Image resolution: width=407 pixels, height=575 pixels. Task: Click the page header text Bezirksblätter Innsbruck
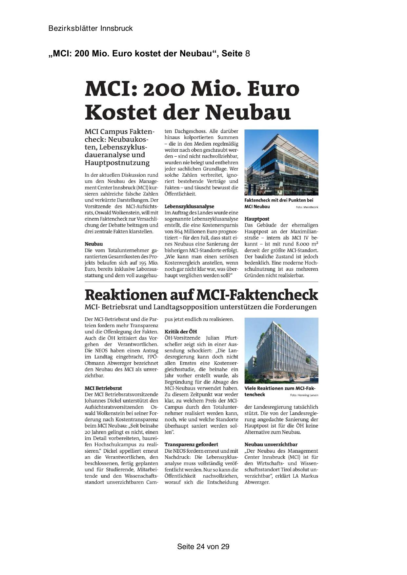(x=91, y=29)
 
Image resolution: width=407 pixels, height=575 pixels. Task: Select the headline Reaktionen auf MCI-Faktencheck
(x=201, y=295)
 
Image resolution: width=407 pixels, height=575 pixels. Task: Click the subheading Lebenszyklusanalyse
(x=189, y=207)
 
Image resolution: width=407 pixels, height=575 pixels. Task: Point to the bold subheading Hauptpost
(x=257, y=219)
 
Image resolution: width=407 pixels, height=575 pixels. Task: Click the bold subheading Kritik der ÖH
(x=181, y=331)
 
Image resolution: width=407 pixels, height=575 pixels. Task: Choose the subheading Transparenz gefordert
(x=191, y=445)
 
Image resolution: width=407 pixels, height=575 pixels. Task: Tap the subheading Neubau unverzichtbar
(x=271, y=445)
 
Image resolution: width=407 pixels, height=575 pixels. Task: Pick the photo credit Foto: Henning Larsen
(x=304, y=395)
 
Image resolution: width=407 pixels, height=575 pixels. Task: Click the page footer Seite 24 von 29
(x=203, y=546)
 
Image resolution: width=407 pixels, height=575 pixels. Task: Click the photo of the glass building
(x=281, y=162)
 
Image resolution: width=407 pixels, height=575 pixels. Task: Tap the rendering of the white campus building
(x=281, y=350)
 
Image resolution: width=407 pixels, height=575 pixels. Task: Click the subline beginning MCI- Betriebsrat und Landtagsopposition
(x=200, y=307)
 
